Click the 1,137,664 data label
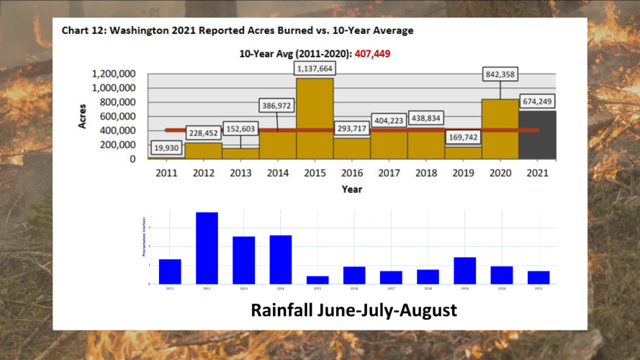coord(315,68)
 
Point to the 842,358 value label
coord(500,74)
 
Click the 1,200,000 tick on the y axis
coord(114,73)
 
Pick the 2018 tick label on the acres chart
coord(426,174)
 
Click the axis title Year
coord(351,189)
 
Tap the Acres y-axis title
coord(83,116)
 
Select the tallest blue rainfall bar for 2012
coord(207,248)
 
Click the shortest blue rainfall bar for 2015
coord(317,279)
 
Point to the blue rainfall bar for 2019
coord(464,270)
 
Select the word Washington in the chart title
coord(137,31)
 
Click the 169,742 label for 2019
coord(463,136)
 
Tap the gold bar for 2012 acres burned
coord(204,150)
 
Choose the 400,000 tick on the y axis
coord(119,130)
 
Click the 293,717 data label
coord(352,128)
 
